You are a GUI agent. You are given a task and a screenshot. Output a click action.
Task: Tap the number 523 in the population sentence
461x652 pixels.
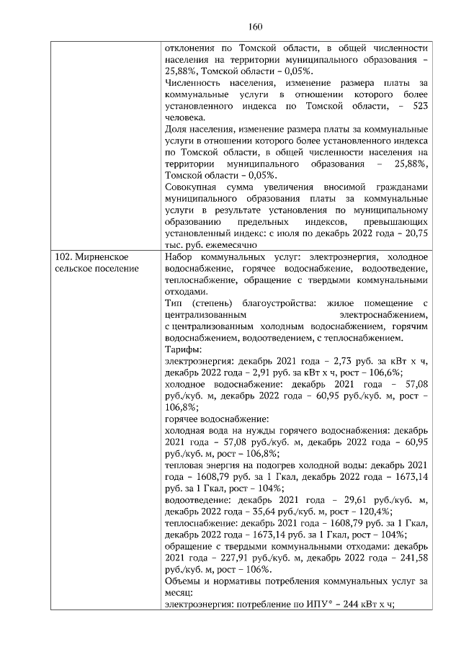(417, 106)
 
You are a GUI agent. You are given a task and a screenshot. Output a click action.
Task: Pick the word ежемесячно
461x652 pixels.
(232, 245)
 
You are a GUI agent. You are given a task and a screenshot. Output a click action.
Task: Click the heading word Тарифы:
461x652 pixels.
(182, 349)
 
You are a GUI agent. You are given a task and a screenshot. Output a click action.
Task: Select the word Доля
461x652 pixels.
(177, 129)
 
